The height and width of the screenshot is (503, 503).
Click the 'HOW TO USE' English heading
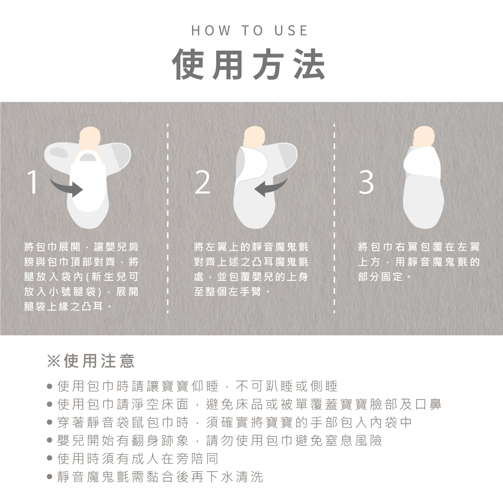tap(250, 30)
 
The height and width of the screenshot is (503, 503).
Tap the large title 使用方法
tap(249, 64)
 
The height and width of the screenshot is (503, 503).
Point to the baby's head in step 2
tap(254, 137)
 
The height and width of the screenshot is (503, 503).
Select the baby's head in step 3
tap(424, 137)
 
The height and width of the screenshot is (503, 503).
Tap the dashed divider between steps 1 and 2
tap(168, 218)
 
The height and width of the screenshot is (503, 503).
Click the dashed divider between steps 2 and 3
tap(334, 218)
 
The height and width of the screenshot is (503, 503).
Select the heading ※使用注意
tap(91, 361)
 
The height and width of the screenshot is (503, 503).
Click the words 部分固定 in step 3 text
tap(380, 277)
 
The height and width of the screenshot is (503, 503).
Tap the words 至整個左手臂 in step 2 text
tap(228, 292)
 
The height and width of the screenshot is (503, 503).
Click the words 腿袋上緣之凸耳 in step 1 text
tap(64, 306)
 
